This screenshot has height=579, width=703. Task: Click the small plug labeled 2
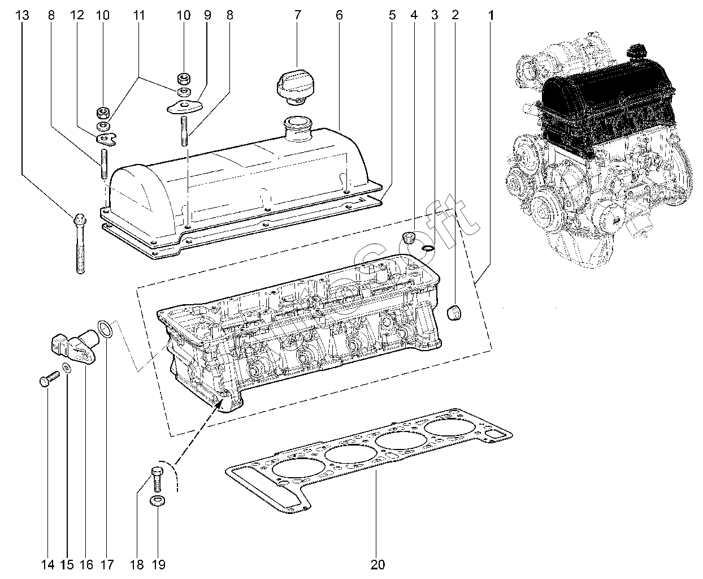click(x=454, y=312)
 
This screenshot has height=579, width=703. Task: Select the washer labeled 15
click(x=67, y=369)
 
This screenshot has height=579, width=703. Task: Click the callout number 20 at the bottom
click(x=378, y=564)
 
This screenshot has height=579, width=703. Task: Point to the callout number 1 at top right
click(x=491, y=16)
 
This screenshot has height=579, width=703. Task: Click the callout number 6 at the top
click(x=339, y=16)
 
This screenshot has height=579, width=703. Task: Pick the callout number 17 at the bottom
click(x=107, y=564)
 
